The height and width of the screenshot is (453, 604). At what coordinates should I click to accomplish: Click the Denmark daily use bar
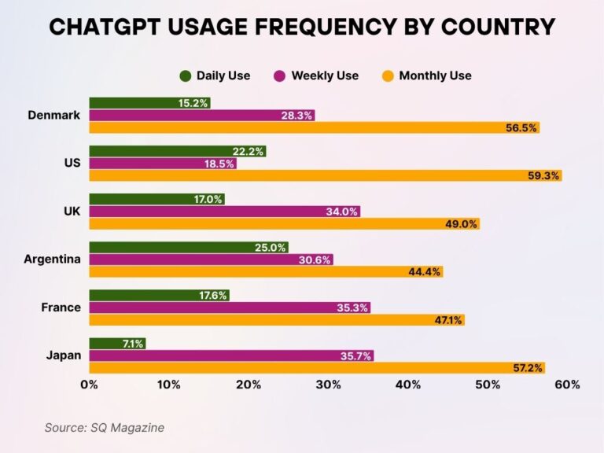click(149, 103)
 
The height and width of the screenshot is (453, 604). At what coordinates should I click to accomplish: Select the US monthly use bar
click(325, 175)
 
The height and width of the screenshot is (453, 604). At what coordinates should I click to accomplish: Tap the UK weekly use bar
click(224, 212)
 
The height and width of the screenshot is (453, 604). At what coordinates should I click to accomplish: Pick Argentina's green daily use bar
click(188, 247)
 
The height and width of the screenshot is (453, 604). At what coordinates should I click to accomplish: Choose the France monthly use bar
click(276, 320)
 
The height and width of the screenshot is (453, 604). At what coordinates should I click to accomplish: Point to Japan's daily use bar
click(117, 344)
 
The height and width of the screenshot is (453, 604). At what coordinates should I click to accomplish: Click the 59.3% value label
click(543, 175)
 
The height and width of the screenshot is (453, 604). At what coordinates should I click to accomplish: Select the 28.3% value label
click(297, 116)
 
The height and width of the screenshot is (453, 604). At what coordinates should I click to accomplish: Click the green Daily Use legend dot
click(186, 75)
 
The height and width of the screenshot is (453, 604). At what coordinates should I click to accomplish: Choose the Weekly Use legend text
click(324, 75)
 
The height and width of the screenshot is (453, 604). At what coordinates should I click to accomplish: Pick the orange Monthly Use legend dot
click(387, 75)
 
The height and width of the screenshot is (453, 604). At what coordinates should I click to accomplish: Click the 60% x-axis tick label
click(566, 385)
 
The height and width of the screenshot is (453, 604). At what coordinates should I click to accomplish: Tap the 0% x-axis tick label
click(89, 385)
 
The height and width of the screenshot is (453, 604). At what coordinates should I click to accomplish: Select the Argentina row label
click(52, 260)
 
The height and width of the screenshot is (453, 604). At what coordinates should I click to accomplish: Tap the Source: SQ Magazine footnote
click(104, 428)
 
